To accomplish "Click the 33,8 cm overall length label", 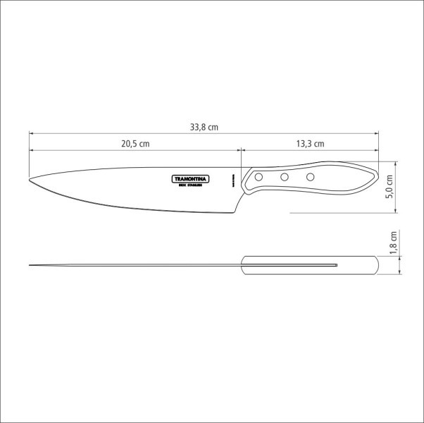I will point(204,128).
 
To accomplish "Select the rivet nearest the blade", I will point(259,176).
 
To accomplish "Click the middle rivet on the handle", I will point(285,178).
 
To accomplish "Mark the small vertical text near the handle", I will point(231,181).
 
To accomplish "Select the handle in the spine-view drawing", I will point(310,265).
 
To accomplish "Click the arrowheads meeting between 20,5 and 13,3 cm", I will point(242,149).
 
